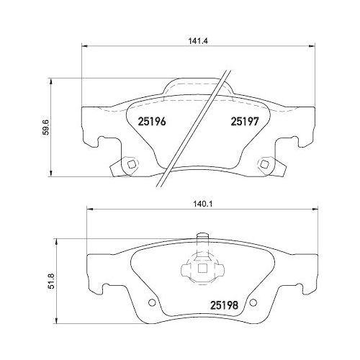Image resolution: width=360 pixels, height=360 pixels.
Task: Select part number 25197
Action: pyautogui.click(x=244, y=122)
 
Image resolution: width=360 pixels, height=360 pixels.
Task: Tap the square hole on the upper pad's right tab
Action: pyautogui.click(x=265, y=165)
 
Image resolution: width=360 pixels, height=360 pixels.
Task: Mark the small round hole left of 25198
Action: pyautogui.click(x=150, y=302)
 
